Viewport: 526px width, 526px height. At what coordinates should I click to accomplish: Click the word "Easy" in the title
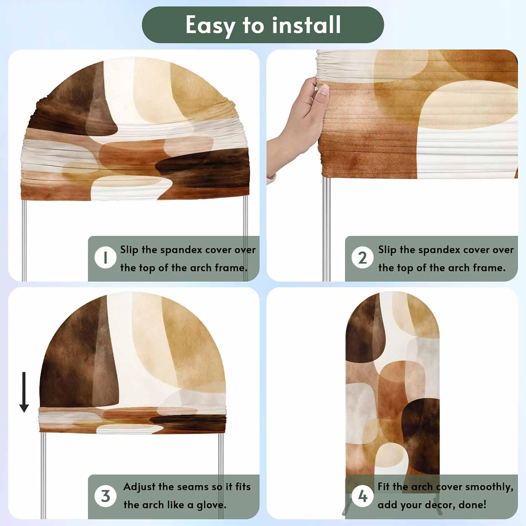[210, 26]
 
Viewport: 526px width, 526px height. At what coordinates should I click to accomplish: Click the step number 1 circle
[105, 257]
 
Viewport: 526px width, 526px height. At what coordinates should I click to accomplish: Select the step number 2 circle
[363, 258]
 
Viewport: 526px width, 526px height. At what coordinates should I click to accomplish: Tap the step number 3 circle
[105, 496]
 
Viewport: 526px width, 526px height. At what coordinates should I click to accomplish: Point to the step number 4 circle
[363, 496]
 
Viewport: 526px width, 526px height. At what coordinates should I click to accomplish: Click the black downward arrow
[24, 392]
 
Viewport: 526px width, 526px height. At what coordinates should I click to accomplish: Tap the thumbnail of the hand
[298, 130]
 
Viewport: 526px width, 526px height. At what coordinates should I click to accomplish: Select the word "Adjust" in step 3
[139, 487]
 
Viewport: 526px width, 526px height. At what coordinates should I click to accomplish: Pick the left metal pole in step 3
[43, 476]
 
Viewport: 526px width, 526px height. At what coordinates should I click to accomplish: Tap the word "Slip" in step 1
[129, 250]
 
